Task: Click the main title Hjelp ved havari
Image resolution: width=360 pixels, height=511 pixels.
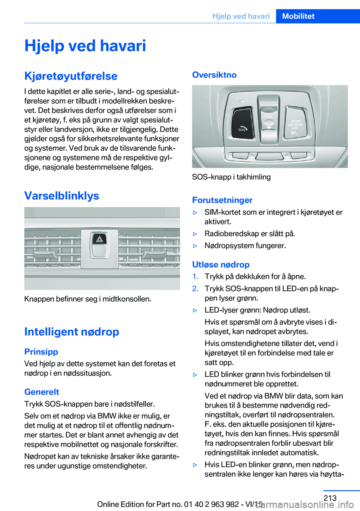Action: (85, 46)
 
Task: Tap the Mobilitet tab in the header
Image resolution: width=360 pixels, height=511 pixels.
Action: (298, 16)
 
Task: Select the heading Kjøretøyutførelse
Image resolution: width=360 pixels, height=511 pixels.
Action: (71, 76)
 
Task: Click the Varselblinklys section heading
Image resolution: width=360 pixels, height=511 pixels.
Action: (61, 195)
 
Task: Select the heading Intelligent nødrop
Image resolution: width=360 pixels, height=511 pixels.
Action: (72, 332)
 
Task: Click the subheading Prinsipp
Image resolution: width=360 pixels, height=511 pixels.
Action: (41, 352)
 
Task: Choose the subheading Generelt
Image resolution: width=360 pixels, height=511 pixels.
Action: (42, 392)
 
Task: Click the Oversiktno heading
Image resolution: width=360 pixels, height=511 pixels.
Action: (214, 75)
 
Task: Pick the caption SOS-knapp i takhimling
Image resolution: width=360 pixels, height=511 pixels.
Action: (231, 177)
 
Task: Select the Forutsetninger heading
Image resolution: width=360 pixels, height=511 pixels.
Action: (222, 200)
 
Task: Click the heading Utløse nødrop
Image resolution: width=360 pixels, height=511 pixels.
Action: (221, 265)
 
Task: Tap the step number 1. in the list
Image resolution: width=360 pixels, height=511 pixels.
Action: (195, 277)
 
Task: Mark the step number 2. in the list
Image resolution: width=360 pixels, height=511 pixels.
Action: (195, 289)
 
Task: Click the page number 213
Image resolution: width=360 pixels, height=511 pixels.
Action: (330, 498)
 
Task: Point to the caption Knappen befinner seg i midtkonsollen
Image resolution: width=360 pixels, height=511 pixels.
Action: (88, 299)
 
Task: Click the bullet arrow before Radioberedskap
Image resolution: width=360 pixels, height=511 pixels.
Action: (195, 234)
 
